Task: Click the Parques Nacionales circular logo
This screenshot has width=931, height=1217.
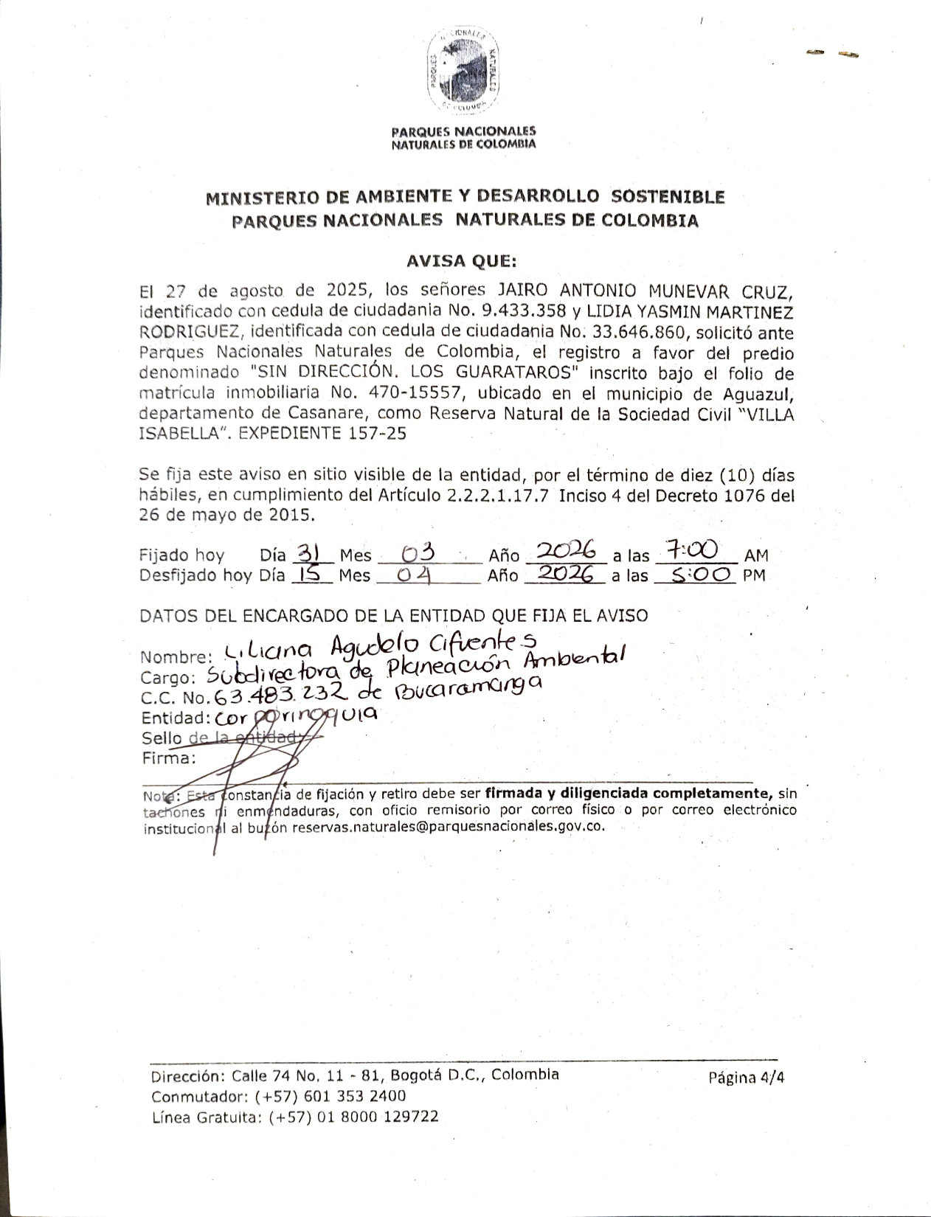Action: [x=463, y=72]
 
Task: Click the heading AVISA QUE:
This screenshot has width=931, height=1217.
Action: [x=463, y=260]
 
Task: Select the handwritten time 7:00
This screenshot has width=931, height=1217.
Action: [x=691, y=551]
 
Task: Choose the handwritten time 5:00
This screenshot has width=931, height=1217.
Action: [x=695, y=575]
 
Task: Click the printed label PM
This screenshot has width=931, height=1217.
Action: [x=754, y=575]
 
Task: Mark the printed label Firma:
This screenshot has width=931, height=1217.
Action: [x=167, y=757]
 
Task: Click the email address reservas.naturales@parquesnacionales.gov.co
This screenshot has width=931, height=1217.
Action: [x=449, y=827]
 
